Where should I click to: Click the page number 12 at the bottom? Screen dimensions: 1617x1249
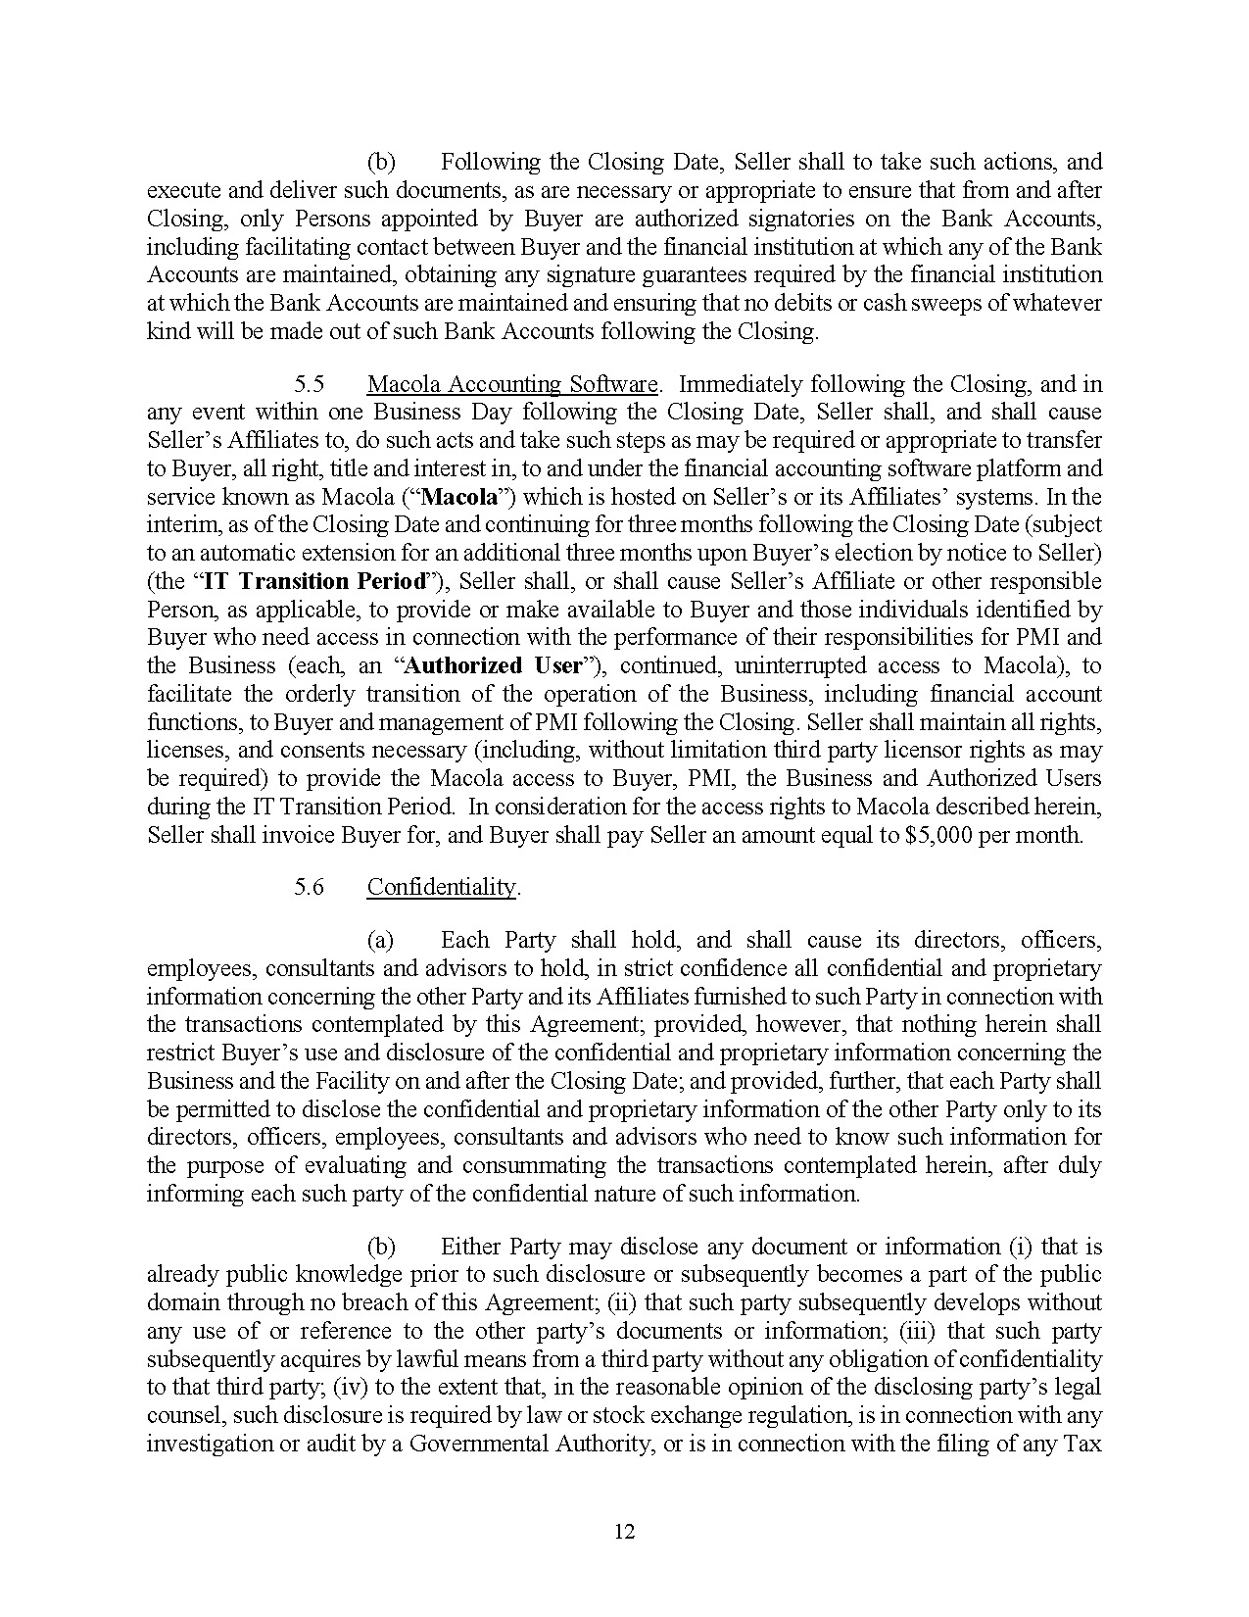(x=625, y=1532)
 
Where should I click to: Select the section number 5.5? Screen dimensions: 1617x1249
(x=310, y=384)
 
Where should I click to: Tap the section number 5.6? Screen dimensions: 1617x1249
(x=310, y=887)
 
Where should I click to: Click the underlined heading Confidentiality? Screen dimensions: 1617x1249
(x=441, y=887)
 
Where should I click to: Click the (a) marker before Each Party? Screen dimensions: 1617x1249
(x=380, y=941)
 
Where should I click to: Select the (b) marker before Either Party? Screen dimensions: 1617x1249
(x=381, y=1248)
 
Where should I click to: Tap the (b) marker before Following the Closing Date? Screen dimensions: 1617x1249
(x=381, y=163)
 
